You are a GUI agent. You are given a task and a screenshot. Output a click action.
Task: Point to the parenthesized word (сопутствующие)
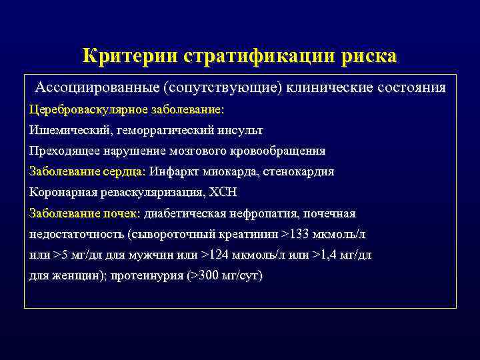tap(226, 88)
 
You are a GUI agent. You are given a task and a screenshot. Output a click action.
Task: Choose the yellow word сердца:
tap(120, 171)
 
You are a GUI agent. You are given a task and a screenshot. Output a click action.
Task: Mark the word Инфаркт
tap(175, 171)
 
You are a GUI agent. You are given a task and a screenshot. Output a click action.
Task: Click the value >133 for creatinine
tap(295, 234)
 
